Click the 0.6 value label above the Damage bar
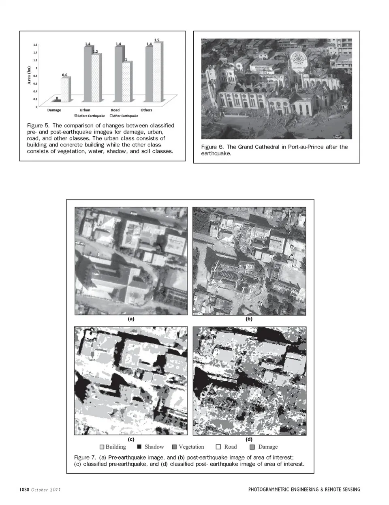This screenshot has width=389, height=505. pyautogui.click(x=64, y=75)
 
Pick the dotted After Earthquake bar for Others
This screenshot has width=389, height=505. pyautogui.click(x=157, y=72)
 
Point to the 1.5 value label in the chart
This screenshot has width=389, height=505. pyautogui.click(x=157, y=40)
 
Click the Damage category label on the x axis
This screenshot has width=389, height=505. pyautogui.click(x=54, y=110)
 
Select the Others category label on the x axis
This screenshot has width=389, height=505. pyautogui.click(x=146, y=110)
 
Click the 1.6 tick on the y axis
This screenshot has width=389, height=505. pyautogui.click(x=35, y=45)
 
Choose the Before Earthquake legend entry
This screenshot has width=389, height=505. pyautogui.click(x=89, y=116)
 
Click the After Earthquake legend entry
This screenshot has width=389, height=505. pyautogui.click(x=124, y=116)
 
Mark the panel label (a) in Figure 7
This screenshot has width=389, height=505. pyautogui.click(x=131, y=319)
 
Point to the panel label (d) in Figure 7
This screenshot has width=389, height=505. pyautogui.click(x=249, y=439)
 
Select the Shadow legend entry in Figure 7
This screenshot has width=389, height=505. pyautogui.click(x=151, y=447)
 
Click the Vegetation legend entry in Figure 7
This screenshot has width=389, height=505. pyautogui.click(x=188, y=447)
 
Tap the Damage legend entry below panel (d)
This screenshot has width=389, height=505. pyautogui.click(x=264, y=447)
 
